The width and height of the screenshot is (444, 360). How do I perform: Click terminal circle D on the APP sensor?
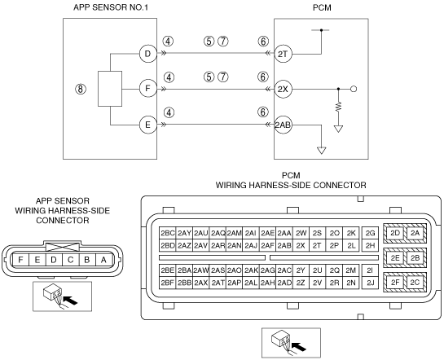pyautogui.click(x=147, y=54)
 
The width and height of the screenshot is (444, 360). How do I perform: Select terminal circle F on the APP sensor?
pyautogui.click(x=147, y=89)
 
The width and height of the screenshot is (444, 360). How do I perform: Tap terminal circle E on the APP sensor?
pyautogui.click(x=147, y=125)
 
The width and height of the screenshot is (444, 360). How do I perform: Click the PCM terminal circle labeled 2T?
pyautogui.click(x=283, y=54)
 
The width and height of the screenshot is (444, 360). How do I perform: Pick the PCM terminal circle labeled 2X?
pyautogui.click(x=283, y=89)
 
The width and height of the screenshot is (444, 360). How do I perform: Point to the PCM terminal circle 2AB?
pyautogui.click(x=283, y=125)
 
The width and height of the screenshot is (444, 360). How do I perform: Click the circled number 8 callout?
pyautogui.click(x=81, y=89)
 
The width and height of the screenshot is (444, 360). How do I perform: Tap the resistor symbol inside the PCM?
pyautogui.click(x=339, y=107)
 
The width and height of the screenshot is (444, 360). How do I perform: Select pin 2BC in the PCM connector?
pyautogui.click(x=167, y=233)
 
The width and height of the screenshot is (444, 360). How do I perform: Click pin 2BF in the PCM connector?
pyautogui.click(x=167, y=283)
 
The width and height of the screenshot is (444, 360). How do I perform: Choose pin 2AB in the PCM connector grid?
pyautogui.click(x=284, y=245)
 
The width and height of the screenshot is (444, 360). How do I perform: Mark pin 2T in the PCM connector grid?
pyautogui.click(x=318, y=245)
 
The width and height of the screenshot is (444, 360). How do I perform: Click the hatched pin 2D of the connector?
pyautogui.click(x=395, y=233)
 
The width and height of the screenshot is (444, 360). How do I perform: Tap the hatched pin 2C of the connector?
pyautogui.click(x=415, y=282)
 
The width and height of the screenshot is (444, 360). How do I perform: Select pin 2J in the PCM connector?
pyautogui.click(x=370, y=283)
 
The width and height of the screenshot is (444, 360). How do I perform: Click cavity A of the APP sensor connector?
pyautogui.click(x=103, y=260)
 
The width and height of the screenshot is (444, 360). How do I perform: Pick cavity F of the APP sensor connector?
pyautogui.click(x=20, y=260)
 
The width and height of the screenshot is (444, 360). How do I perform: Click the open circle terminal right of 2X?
pyautogui.click(x=354, y=89)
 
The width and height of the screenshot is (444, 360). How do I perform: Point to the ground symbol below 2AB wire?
pyautogui.click(x=321, y=151)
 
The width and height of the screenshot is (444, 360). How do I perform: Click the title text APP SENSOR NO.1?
pyautogui.click(x=111, y=7)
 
